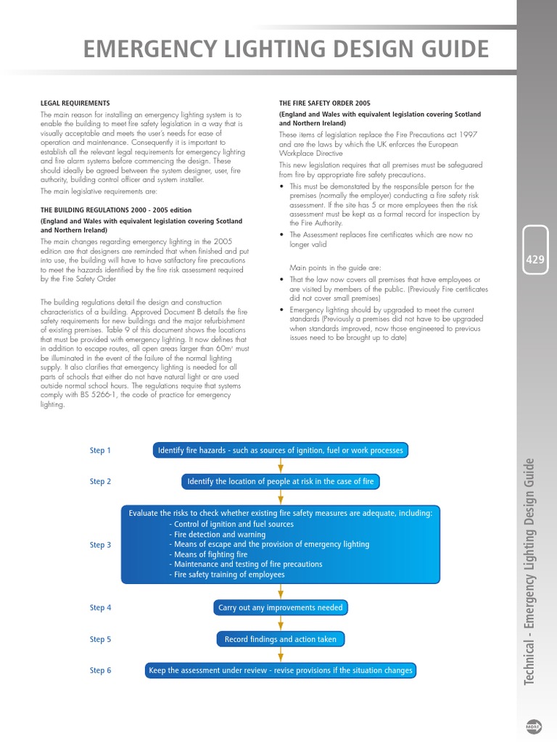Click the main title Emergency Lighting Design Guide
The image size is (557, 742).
(x=286, y=49)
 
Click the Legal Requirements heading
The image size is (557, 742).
(x=75, y=104)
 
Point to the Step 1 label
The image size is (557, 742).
(x=100, y=451)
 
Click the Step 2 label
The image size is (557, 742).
(x=100, y=481)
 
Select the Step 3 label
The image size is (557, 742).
(x=100, y=545)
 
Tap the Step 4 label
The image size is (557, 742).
(x=100, y=608)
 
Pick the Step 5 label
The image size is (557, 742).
(x=100, y=639)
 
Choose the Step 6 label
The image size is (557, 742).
(x=100, y=670)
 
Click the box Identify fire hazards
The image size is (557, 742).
(x=280, y=451)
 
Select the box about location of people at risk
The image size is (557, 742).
(x=280, y=481)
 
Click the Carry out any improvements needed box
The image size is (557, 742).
(x=280, y=608)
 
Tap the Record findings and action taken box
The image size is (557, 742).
(x=280, y=639)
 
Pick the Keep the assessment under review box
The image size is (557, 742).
(x=280, y=670)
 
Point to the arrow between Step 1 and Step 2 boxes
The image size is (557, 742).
(x=280, y=466)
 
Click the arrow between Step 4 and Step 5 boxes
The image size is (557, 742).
(x=280, y=623)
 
